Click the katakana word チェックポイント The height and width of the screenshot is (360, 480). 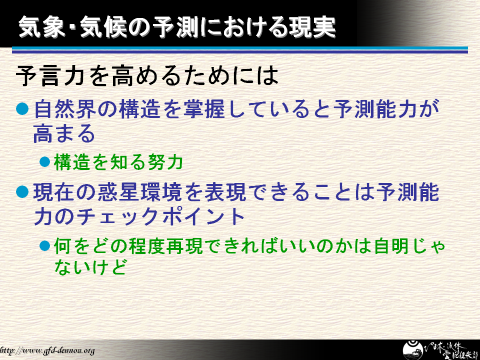[160, 216]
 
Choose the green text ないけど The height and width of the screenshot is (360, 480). [90, 266]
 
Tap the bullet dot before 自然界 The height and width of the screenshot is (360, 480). [22, 109]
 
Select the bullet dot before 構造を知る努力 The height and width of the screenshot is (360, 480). [44, 161]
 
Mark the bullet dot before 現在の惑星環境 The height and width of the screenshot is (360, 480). [22, 192]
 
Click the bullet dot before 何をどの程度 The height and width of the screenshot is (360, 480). [44, 246]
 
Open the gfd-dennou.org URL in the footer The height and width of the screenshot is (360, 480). [47, 350]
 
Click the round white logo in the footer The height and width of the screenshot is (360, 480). [412, 350]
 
